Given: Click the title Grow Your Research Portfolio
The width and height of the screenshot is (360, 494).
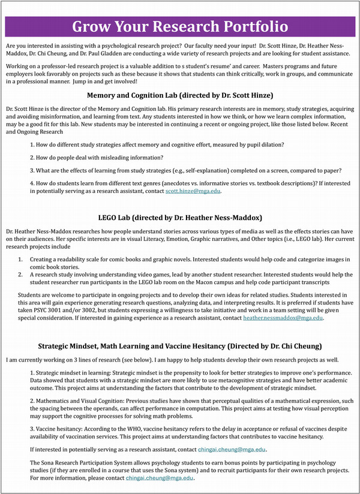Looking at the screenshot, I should pyautogui.click(x=180, y=27).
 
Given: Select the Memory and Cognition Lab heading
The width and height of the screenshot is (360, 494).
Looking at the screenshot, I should pyautogui.click(x=180, y=95).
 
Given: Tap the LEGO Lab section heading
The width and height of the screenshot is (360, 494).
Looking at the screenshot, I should pyautogui.click(x=180, y=217).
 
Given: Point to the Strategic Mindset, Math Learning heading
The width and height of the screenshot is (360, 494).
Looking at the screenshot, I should pyautogui.click(x=180, y=346).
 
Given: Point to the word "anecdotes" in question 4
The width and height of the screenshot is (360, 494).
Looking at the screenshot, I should pyautogui.click(x=196, y=183).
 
